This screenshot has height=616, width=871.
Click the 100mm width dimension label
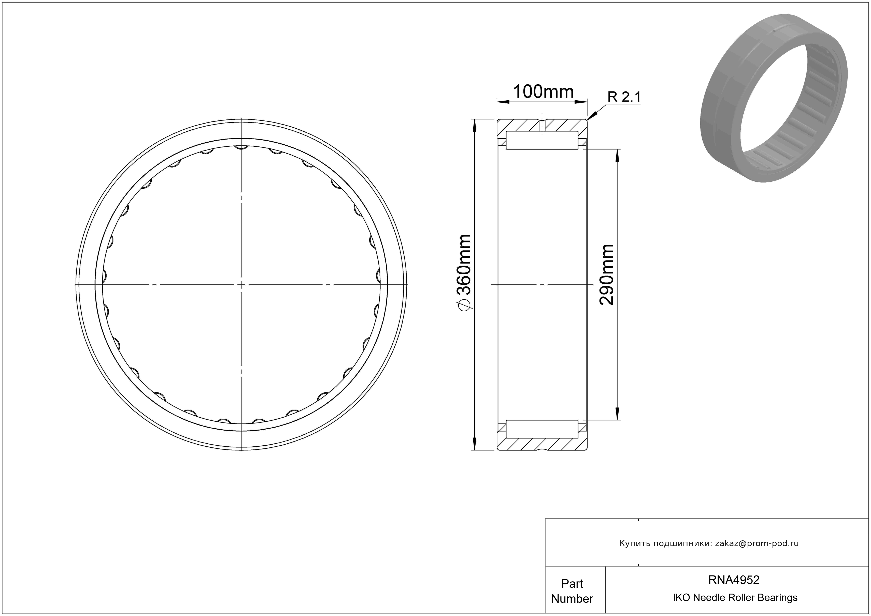(543, 92)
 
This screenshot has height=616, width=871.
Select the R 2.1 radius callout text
(624, 97)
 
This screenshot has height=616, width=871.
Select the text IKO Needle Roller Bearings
(735, 597)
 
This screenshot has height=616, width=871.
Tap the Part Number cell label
(572, 591)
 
